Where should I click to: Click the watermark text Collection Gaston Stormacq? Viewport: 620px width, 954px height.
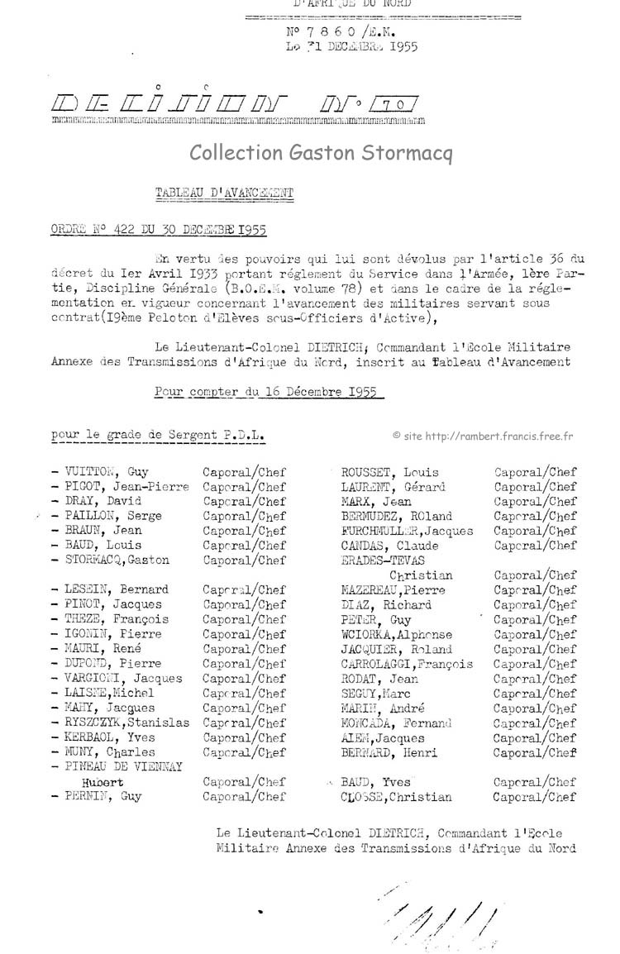point(321,153)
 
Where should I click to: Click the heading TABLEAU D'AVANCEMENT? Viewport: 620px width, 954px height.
point(224,193)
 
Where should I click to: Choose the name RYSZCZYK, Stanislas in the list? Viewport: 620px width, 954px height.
point(126,723)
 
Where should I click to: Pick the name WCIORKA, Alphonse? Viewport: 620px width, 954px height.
point(397,634)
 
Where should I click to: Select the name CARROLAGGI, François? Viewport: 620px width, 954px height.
point(407,664)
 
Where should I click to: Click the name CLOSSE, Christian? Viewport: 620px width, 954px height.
point(396,797)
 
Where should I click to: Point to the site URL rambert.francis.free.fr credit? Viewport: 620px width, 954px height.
point(484,436)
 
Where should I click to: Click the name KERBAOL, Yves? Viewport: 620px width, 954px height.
point(109,737)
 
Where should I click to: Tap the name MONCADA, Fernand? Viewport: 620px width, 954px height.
point(396,723)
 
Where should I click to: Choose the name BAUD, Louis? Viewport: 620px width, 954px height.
point(103,545)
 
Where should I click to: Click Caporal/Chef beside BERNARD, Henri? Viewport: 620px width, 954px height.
point(535,752)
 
